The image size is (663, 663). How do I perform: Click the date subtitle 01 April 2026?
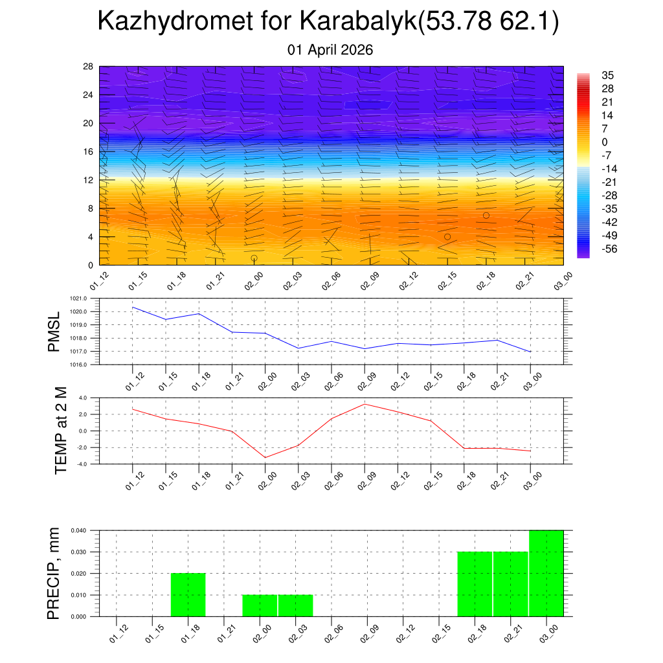click(x=330, y=50)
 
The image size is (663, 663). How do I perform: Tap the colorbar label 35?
click(x=607, y=75)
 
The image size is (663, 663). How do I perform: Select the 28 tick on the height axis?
click(x=89, y=67)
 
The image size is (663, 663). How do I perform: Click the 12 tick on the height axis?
click(x=89, y=180)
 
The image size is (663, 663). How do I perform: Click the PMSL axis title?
click(x=54, y=331)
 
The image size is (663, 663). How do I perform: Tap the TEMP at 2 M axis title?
click(x=62, y=430)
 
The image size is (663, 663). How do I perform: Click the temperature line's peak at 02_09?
click(x=365, y=404)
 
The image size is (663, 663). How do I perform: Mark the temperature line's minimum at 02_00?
click(x=265, y=457)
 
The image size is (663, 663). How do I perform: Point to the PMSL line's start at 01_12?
click(x=133, y=307)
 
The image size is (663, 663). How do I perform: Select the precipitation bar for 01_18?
click(x=188, y=594)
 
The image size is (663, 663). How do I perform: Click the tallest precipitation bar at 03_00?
click(x=546, y=573)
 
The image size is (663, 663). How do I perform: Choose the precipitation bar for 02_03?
click(x=296, y=605)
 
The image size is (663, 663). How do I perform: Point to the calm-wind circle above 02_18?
click(x=486, y=215)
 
